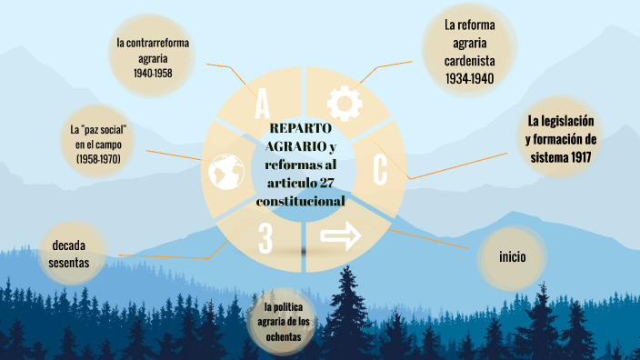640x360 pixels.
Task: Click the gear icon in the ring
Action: click(x=345, y=103)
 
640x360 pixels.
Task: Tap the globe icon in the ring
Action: click(x=226, y=169)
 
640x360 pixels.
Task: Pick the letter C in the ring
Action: click(x=380, y=169)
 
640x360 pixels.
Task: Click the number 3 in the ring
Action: click(x=265, y=237)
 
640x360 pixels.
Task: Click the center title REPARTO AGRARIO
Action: click(x=302, y=136)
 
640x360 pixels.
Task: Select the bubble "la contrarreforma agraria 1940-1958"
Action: click(x=153, y=56)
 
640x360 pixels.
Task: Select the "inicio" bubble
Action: click(x=512, y=257)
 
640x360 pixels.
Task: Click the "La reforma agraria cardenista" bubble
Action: click(x=469, y=51)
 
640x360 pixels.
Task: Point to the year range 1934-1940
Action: click(x=469, y=79)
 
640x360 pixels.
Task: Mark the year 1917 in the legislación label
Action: click(x=584, y=156)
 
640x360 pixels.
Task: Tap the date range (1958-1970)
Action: click(x=98, y=160)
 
